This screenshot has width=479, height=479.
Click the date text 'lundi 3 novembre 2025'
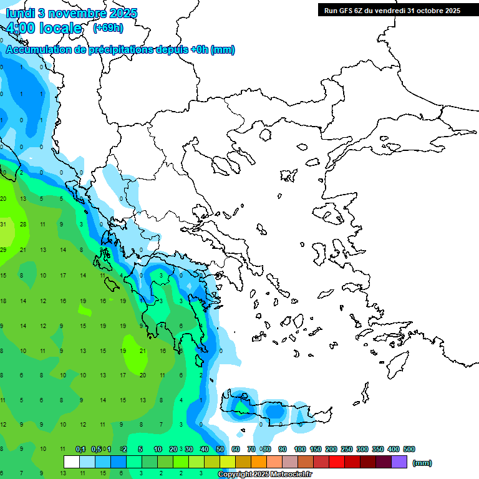(x=72, y=13)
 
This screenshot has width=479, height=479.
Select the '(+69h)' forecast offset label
(x=108, y=28)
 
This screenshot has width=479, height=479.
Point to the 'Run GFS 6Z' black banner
(x=392, y=10)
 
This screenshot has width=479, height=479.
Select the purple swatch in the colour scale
(x=399, y=462)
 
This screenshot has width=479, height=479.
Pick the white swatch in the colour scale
(x=72, y=462)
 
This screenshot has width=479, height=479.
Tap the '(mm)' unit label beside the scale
(x=422, y=463)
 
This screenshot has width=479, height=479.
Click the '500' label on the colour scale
(x=409, y=449)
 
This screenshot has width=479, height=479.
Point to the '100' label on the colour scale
(x=300, y=449)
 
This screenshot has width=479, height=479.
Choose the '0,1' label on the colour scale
(x=80, y=449)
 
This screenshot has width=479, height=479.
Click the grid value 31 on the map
(x=3, y=225)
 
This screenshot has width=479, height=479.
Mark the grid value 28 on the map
(x=23, y=225)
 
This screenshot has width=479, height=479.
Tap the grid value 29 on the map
(x=3, y=250)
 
